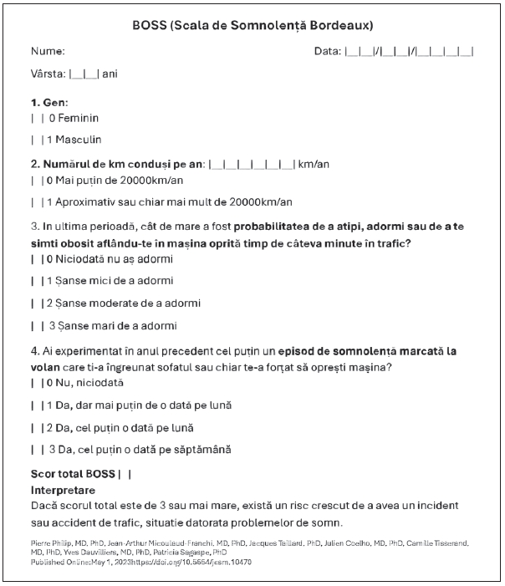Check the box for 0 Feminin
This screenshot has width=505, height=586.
[35, 118]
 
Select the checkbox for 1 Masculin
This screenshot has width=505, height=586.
[35, 140]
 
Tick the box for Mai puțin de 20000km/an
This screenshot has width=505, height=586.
[35, 180]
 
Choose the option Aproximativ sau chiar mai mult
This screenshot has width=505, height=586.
[35, 201]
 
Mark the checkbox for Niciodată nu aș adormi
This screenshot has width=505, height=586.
[35, 259]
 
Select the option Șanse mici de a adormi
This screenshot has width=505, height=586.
[35, 281]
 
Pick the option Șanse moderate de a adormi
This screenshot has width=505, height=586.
[35, 303]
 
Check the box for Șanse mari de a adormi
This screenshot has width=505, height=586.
[36, 325]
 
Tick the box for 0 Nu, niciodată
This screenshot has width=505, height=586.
[35, 383]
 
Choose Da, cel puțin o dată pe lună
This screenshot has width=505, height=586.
[35, 427]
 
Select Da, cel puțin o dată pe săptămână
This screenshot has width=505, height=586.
[36, 450]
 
